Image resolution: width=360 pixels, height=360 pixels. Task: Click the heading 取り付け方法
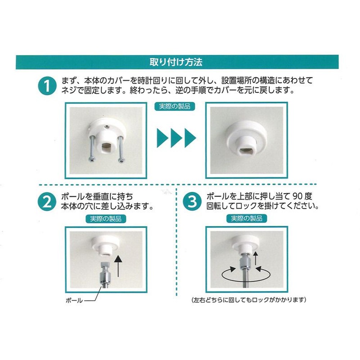[176, 62]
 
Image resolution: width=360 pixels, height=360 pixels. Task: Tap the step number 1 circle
[47, 86]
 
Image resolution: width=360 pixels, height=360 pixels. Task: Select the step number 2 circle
[47, 202]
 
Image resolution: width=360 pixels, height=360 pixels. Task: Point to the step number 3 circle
[192, 202]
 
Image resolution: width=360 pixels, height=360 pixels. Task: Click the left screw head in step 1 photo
[91, 160]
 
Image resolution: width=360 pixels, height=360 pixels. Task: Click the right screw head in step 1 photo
[121, 160]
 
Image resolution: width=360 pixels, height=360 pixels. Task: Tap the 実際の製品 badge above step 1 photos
[175, 107]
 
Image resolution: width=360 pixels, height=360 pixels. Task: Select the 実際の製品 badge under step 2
[105, 219]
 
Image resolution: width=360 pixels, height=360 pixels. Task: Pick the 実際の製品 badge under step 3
[247, 219]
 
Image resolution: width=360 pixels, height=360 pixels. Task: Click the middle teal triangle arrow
[176, 138]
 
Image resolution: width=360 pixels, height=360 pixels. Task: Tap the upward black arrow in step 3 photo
[255, 258]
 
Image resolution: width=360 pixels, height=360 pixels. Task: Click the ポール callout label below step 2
[74, 300]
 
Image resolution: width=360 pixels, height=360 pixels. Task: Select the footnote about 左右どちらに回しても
[249, 300]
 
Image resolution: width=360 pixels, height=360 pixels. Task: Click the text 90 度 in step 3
[302, 196]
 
